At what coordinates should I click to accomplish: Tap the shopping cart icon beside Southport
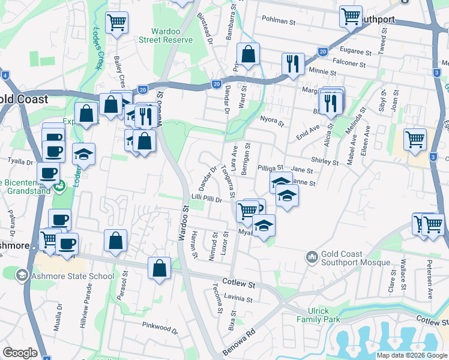click(x=351, y=17)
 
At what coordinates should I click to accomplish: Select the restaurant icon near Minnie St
click(x=293, y=64)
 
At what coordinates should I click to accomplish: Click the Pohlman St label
click(x=280, y=22)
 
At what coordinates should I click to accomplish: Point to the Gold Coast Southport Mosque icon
click(x=312, y=257)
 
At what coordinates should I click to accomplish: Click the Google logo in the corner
click(x=20, y=353)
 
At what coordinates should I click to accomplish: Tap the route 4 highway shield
click(x=5, y=75)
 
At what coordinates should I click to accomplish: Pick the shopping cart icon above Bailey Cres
click(x=116, y=23)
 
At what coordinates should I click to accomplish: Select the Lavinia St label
click(x=238, y=298)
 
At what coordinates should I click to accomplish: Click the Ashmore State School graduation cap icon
click(x=22, y=275)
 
